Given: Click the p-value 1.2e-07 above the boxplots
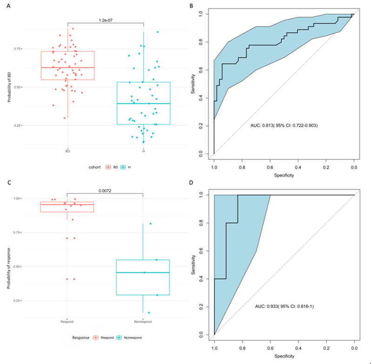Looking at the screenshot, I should pos(106,20).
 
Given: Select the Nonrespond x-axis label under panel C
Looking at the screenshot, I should pos(143,321).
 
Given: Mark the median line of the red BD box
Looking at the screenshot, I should pos(67,67).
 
